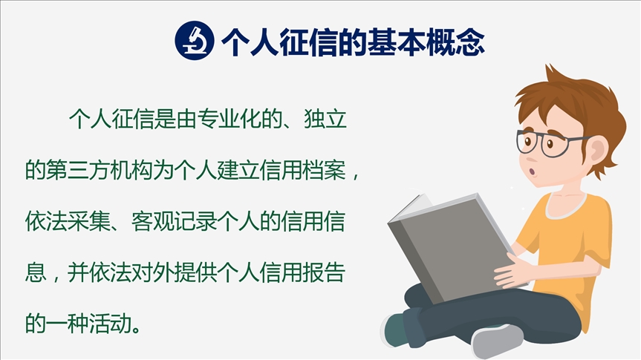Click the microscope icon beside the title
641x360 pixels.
(x=195, y=41)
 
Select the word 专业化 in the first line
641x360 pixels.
(x=230, y=119)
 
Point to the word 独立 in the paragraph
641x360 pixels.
(x=325, y=119)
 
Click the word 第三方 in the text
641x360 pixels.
(x=79, y=170)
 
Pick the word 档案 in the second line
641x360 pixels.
(x=325, y=170)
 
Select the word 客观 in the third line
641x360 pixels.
(x=153, y=221)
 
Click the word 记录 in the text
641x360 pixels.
(x=196, y=221)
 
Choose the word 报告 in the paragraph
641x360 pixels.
(x=324, y=272)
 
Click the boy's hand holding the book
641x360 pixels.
(x=513, y=270)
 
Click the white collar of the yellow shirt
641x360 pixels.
(x=567, y=207)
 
